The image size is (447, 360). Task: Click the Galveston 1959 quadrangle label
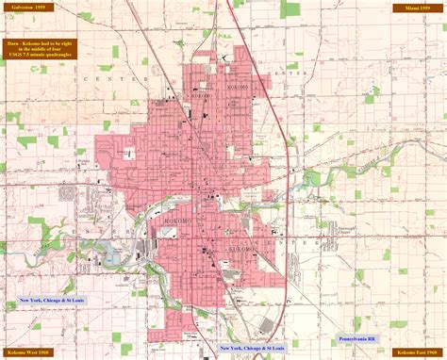(29, 8)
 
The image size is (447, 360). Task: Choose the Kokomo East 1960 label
(415, 351)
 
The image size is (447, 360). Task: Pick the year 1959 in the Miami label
(426, 8)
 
